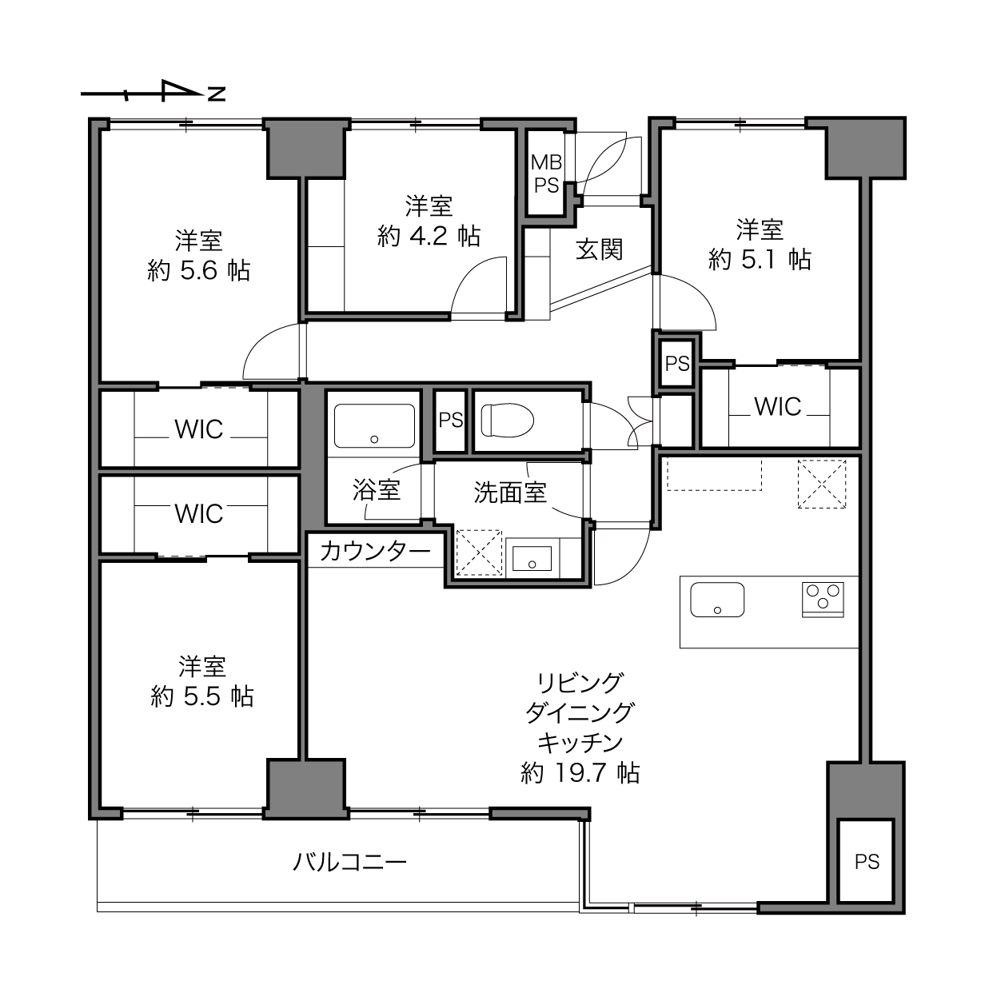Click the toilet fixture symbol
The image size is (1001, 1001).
(508, 420)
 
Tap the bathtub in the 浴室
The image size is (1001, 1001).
(374, 425)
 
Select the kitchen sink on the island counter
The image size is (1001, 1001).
(717, 600)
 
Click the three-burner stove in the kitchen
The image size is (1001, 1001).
(823, 600)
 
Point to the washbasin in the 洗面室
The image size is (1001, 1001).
(532, 558)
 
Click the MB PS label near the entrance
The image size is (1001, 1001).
(546, 174)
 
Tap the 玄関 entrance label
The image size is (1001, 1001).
(599, 250)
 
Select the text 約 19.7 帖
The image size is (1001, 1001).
(580, 773)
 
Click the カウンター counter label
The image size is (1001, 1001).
(375, 551)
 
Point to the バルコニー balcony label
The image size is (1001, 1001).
(349, 863)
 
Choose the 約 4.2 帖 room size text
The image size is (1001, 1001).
(429, 237)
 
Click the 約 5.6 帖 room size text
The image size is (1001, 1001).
(199, 271)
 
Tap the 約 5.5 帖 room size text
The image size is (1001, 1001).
(202, 696)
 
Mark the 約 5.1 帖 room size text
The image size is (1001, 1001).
(760, 259)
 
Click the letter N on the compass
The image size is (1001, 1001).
(217, 94)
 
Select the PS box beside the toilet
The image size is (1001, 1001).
(450, 420)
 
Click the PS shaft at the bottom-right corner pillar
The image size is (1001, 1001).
(867, 862)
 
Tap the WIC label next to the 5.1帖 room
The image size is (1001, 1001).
(778, 407)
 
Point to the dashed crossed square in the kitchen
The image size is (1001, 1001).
(822, 485)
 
